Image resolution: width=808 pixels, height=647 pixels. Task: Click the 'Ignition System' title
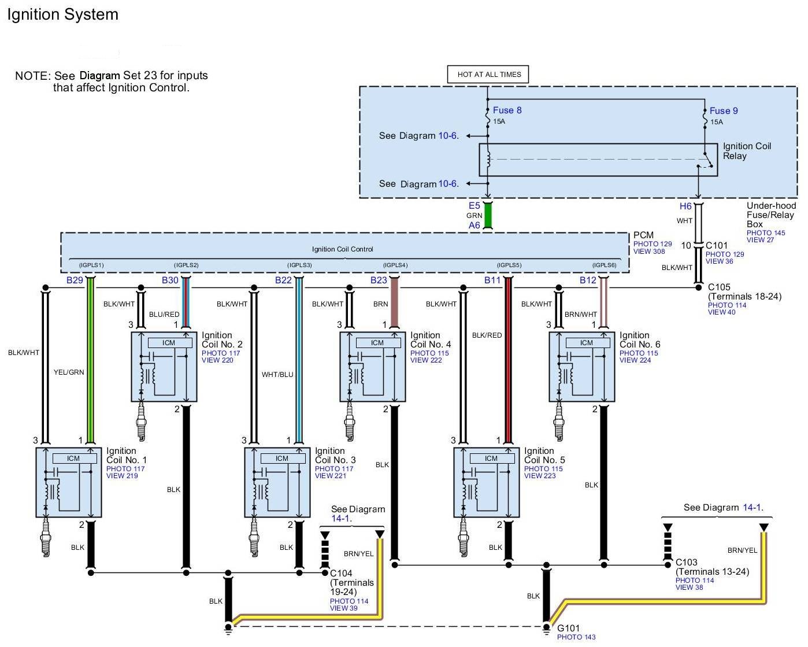pyautogui.click(x=62, y=15)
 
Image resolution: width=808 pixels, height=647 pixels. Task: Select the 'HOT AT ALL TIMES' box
pyautogui.click(x=488, y=75)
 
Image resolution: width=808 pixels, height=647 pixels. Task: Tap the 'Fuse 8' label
pyautogui.click(x=507, y=110)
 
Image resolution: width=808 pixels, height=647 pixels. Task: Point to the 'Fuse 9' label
pyautogui.click(x=723, y=111)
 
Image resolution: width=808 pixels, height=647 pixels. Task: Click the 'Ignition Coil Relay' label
pyautogui.click(x=746, y=151)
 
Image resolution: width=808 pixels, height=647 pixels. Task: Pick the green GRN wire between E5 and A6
pyautogui.click(x=487, y=215)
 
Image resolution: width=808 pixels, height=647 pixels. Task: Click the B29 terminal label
pyautogui.click(x=75, y=280)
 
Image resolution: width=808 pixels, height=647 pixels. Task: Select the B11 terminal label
pyautogui.click(x=492, y=280)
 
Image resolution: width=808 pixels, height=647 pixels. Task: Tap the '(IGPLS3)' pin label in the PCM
pyautogui.click(x=299, y=265)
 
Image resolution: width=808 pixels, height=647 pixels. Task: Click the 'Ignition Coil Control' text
pyautogui.click(x=342, y=249)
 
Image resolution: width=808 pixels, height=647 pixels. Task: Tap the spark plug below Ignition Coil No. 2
pyautogui.click(x=141, y=422)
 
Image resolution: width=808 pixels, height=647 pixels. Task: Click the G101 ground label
pyautogui.click(x=568, y=628)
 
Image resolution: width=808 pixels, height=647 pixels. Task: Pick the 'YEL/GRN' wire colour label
pyautogui.click(x=69, y=372)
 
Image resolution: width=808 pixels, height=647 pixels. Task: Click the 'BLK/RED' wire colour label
pyautogui.click(x=487, y=335)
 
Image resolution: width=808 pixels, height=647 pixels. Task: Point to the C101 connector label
pyautogui.click(x=716, y=245)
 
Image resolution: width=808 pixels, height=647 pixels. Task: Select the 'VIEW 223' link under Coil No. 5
pyautogui.click(x=540, y=476)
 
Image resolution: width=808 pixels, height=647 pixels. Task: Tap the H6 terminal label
pyautogui.click(x=685, y=206)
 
